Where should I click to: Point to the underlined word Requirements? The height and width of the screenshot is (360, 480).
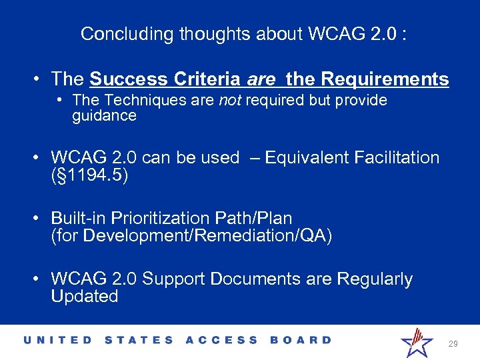(x=385, y=79)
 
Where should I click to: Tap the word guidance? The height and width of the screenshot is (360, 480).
(x=104, y=116)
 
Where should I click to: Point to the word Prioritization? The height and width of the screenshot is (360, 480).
(x=155, y=218)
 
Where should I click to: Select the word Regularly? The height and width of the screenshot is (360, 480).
(x=375, y=279)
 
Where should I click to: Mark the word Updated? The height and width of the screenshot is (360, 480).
(x=85, y=296)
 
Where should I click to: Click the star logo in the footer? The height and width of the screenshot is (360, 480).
(x=417, y=342)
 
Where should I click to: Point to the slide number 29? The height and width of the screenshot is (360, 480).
(x=453, y=344)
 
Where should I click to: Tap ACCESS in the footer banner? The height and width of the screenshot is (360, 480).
(x=221, y=340)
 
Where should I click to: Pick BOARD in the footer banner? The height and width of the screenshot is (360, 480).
(x=301, y=340)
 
